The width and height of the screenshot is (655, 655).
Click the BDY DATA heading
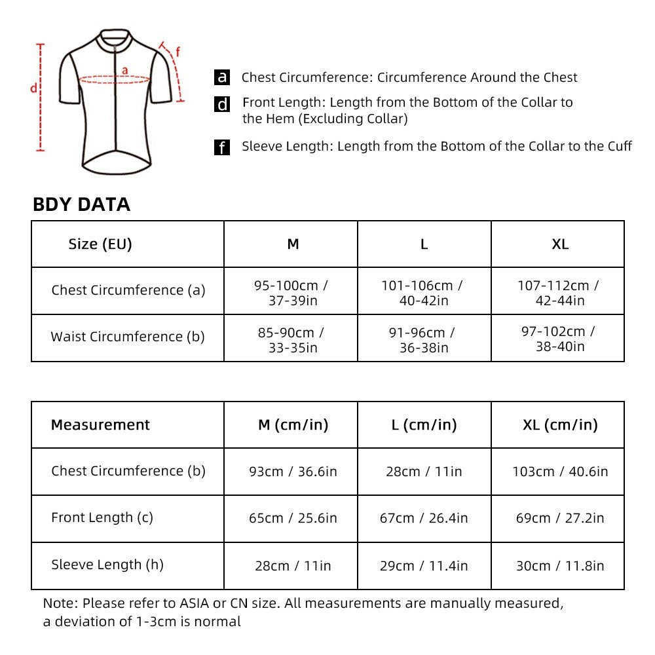coord(81,204)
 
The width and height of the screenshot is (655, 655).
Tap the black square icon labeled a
coord(222,77)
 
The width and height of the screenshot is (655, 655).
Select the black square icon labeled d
coord(222,104)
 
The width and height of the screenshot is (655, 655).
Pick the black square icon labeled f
coord(222,147)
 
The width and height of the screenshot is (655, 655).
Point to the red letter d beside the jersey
coord(33,88)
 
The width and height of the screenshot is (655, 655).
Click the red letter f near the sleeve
coord(178,52)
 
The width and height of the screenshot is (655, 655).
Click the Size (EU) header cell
coord(100,244)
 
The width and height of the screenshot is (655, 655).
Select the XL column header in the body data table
coord(559,244)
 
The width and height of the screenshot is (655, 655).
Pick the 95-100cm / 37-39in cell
coord(291,293)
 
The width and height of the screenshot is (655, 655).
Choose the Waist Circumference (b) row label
coord(128,337)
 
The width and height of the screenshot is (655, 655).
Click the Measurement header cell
coord(100,424)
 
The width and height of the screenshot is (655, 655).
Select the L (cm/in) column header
coord(424,424)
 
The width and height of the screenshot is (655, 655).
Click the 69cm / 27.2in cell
coord(559,518)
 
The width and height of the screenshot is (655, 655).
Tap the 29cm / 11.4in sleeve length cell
coord(424,566)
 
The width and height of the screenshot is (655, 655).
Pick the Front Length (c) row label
coord(102,517)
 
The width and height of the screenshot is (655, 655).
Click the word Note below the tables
coord(58,603)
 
